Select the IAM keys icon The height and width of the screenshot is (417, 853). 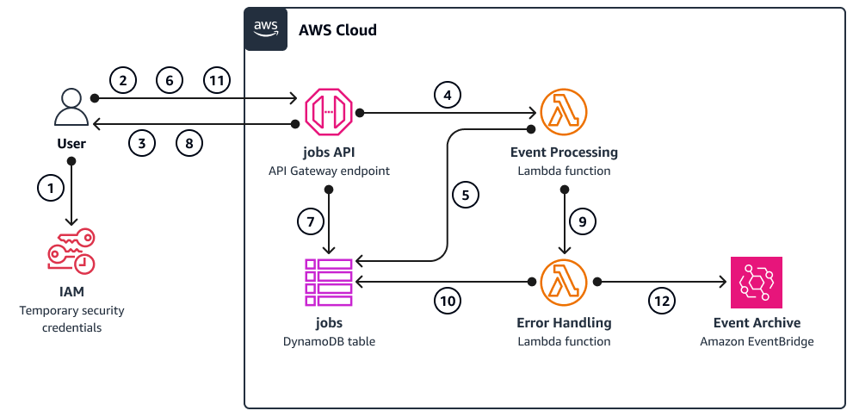coord(71,252)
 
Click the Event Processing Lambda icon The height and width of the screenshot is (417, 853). coord(564,111)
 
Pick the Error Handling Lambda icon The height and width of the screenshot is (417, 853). coord(564,282)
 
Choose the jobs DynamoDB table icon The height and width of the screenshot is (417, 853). coord(329,282)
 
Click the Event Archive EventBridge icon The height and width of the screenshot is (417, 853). coord(756,282)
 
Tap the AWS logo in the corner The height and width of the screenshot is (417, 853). coord(266,29)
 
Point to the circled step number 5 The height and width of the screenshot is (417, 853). coord(466,195)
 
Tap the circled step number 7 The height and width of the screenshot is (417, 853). coord(312,221)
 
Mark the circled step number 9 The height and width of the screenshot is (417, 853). coord(583,221)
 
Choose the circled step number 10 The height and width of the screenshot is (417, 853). coord(447,301)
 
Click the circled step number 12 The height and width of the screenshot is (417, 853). coord(662,301)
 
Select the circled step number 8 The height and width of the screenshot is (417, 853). coord(189,142)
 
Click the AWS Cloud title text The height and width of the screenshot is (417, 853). coord(337,30)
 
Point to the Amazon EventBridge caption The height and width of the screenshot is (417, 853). coord(757,341)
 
